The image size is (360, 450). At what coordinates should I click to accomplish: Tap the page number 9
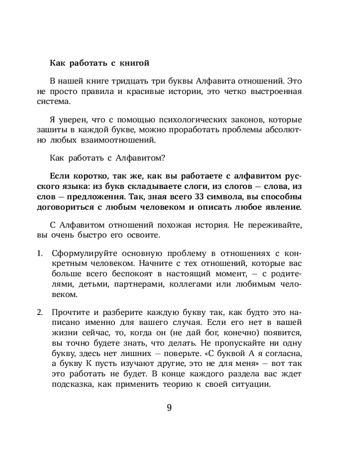[x=169, y=408]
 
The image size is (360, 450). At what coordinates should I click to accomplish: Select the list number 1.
[x=39, y=253]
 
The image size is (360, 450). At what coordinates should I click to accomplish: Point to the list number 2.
[x=40, y=312]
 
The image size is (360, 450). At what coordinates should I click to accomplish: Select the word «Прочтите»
[x=69, y=312]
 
